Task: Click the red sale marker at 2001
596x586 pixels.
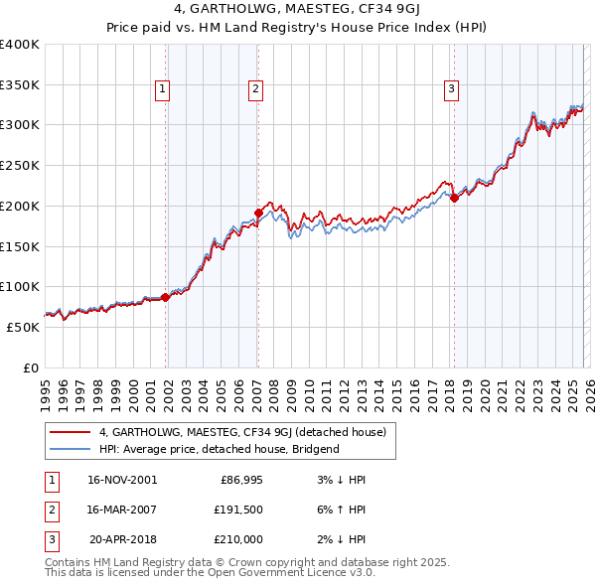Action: pyautogui.click(x=165, y=296)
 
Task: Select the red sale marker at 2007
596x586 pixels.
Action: pyautogui.click(x=258, y=212)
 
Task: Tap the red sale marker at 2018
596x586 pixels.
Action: pyautogui.click(x=454, y=197)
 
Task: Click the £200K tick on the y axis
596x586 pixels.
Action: pyautogui.click(x=20, y=206)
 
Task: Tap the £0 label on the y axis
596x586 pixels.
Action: pyautogui.click(x=31, y=367)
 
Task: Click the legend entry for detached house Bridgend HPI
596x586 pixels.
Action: pyautogui.click(x=219, y=449)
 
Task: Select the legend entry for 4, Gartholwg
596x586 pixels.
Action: pyautogui.click(x=248, y=432)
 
